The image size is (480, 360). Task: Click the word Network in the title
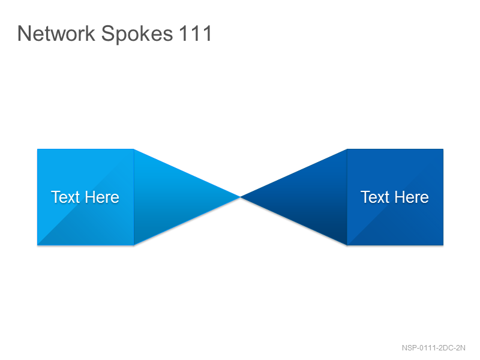(x=56, y=33)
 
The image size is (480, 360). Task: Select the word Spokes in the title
(x=137, y=34)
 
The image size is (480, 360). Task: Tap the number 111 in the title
(x=196, y=33)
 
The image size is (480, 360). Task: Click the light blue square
(x=85, y=197)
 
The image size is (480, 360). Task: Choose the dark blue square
(x=395, y=197)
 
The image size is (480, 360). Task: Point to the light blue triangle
(x=169, y=197)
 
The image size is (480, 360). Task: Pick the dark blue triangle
(x=311, y=197)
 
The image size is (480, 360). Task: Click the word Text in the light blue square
(x=65, y=197)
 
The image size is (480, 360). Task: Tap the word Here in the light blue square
(x=102, y=197)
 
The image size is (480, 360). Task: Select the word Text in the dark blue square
(x=375, y=197)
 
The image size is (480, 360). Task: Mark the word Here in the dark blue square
(x=412, y=197)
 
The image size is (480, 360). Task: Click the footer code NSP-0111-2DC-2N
(x=433, y=348)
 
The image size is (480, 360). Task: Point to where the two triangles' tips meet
(x=241, y=197)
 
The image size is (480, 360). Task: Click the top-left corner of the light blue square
(x=37, y=149)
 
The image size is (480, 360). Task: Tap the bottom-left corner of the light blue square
(x=37, y=245)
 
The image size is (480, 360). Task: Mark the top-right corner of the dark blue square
(x=443, y=149)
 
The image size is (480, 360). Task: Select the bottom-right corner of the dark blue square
(x=443, y=245)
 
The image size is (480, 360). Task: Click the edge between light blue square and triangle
(x=134, y=197)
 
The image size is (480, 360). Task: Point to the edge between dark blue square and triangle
(x=347, y=197)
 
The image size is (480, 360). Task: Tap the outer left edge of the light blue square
(x=37, y=197)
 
